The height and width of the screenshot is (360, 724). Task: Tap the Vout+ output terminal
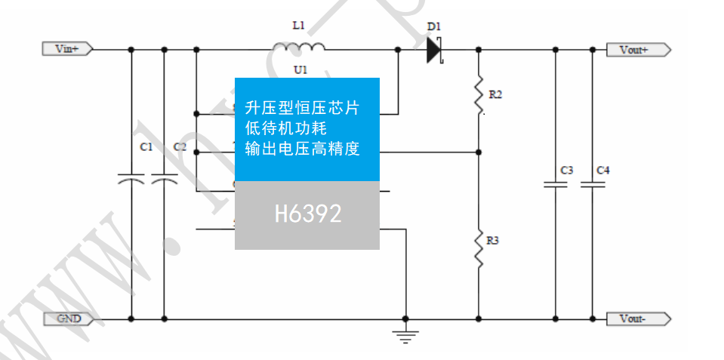pyautogui.click(x=637, y=49)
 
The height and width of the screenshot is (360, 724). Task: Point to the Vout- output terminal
pyautogui.click(x=637, y=318)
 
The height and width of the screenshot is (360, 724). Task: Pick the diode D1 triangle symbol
pyautogui.click(x=433, y=49)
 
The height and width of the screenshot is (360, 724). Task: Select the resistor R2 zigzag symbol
pyautogui.click(x=478, y=94)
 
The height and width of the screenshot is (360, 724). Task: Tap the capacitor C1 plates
pyautogui.click(x=131, y=179)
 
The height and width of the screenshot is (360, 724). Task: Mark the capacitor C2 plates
pyautogui.click(x=164, y=179)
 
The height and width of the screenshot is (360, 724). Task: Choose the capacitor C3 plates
pyautogui.click(x=556, y=185)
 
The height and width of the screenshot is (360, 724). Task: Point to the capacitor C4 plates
pyautogui.click(x=592, y=185)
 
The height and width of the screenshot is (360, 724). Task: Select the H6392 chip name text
pyautogui.click(x=307, y=214)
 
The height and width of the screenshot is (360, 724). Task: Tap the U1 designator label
pyautogui.click(x=300, y=69)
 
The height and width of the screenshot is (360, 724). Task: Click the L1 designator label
pyautogui.click(x=299, y=25)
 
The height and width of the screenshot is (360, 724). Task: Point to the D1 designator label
pyautogui.click(x=433, y=26)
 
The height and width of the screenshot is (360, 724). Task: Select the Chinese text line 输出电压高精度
pyautogui.click(x=302, y=149)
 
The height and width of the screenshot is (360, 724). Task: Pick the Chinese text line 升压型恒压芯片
pyautogui.click(x=302, y=108)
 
